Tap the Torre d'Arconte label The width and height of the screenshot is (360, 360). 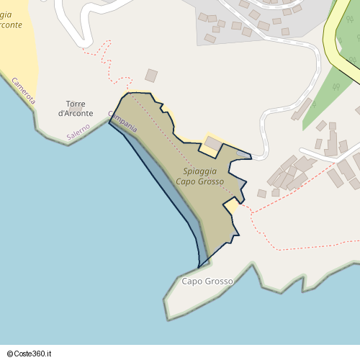[80, 109]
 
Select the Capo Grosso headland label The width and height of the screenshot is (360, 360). [207, 281]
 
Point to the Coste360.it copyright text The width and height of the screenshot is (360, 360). [32, 354]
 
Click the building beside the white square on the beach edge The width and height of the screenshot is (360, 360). [214, 143]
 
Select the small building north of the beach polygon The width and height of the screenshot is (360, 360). [151, 75]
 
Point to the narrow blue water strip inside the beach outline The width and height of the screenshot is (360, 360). [173, 194]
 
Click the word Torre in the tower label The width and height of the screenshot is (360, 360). [76, 104]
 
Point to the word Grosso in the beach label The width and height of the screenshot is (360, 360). [210, 181]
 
